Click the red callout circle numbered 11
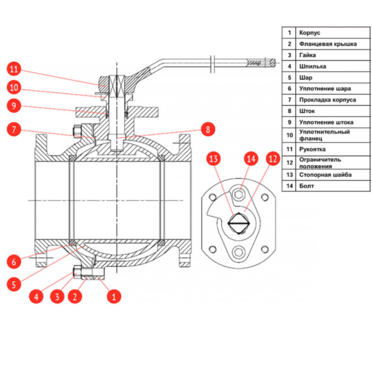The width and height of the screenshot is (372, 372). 14,69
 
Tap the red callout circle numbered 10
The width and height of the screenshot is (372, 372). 14,87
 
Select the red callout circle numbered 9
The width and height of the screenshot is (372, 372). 14,106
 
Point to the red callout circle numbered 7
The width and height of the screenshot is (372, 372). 14,129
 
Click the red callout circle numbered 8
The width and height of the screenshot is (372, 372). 208,129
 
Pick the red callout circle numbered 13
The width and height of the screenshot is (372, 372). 214,158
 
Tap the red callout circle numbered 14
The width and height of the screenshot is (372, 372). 251,158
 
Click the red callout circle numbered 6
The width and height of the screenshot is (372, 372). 14,261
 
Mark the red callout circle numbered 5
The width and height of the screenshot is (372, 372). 14,284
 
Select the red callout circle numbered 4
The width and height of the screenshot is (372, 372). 36,297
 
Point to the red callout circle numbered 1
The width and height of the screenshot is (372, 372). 113,297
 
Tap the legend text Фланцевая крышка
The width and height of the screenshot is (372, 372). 327,44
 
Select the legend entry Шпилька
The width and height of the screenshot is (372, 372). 313,66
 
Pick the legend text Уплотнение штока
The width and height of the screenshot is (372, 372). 326,122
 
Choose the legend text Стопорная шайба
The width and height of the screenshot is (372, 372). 325,174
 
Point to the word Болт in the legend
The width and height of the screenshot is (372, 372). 307,186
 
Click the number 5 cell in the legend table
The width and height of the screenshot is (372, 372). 290,78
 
